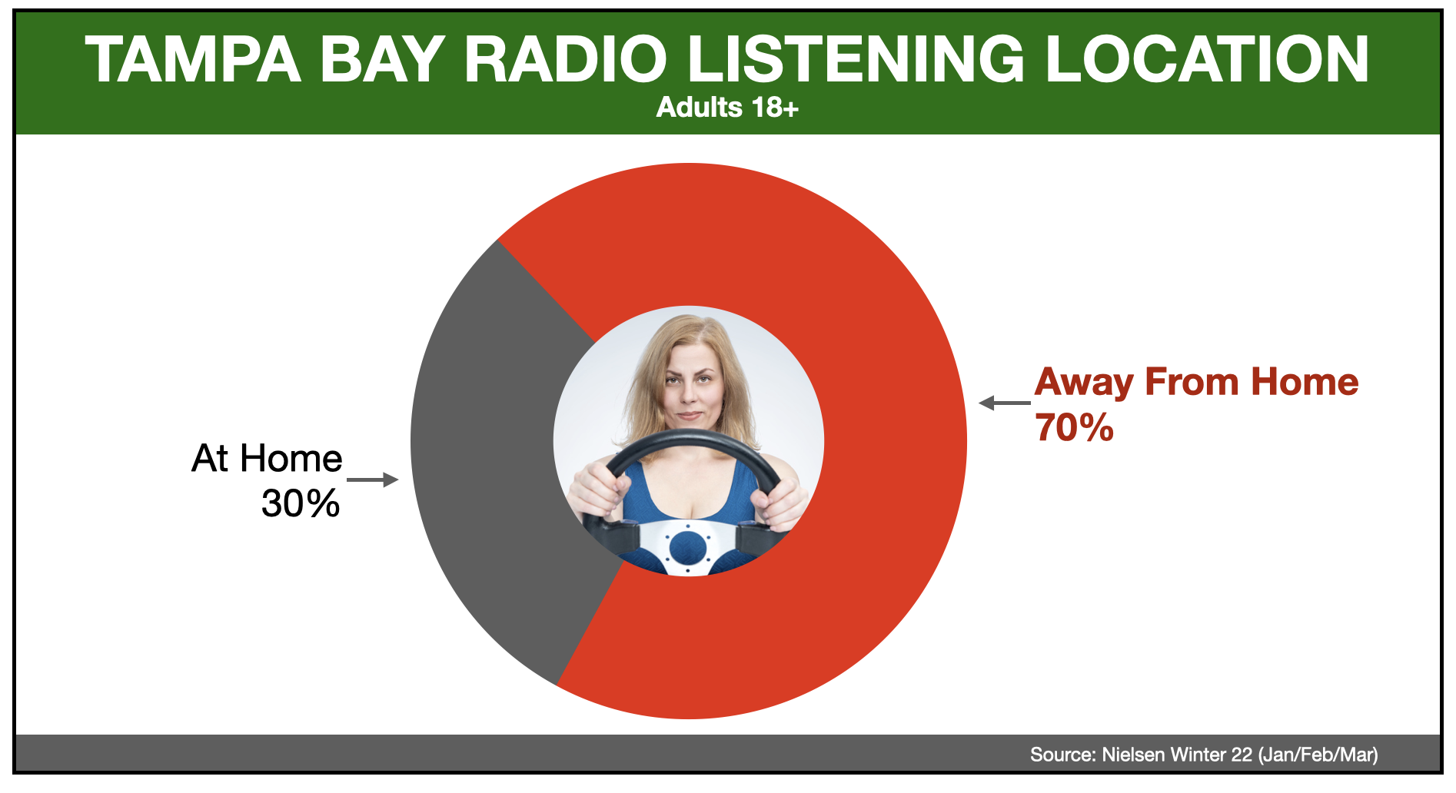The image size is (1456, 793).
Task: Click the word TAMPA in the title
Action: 193,59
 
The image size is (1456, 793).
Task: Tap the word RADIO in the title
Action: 565,59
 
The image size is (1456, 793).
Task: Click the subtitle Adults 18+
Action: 727,107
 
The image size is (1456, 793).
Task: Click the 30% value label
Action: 301,503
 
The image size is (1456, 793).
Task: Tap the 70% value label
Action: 1074,427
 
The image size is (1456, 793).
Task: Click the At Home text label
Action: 267,458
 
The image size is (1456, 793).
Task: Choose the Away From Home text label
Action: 1197,382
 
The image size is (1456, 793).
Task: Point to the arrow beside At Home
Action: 373,479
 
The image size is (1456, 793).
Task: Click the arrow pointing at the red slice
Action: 1005,403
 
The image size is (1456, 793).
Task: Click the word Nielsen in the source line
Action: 1133,755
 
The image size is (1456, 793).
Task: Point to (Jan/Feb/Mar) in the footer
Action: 1318,755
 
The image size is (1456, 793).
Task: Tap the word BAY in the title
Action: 382,59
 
